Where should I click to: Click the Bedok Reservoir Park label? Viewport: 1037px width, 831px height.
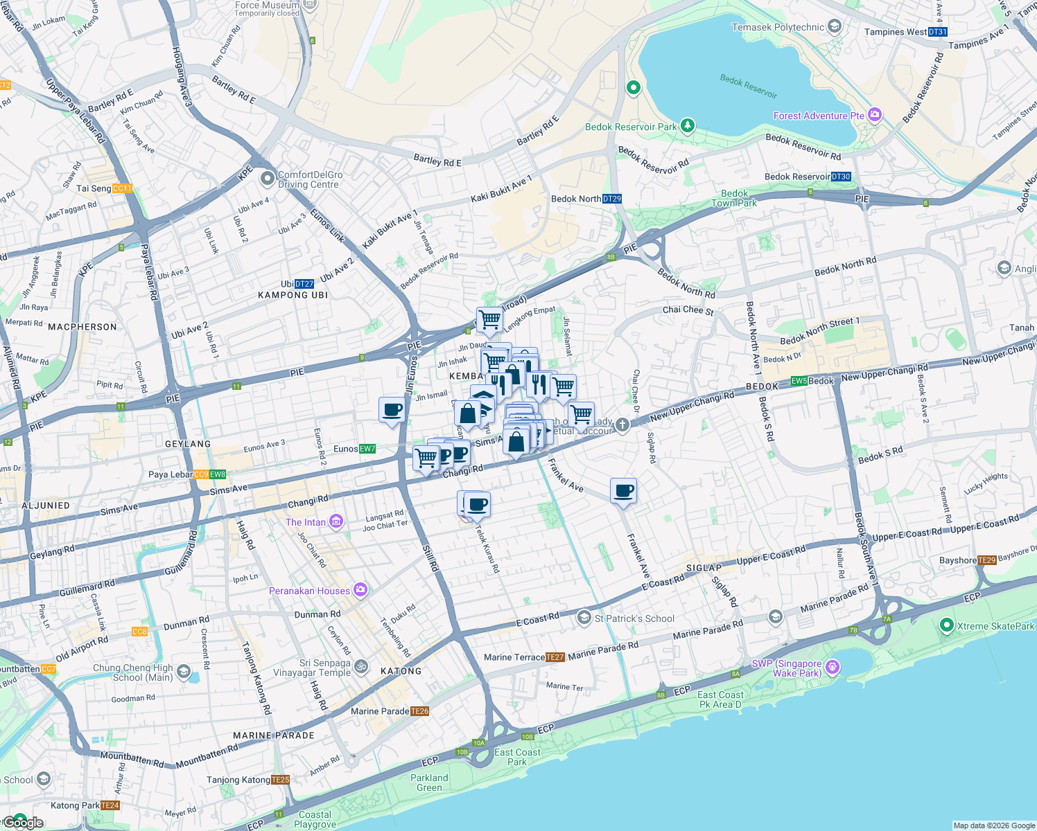(630, 127)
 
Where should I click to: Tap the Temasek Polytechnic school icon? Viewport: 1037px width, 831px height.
(835, 27)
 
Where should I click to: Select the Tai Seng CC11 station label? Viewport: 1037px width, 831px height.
(104, 188)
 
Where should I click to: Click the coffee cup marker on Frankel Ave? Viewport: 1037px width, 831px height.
(623, 491)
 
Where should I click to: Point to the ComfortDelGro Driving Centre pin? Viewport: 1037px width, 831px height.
(268, 179)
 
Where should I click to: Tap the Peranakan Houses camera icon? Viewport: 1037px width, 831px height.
(360, 590)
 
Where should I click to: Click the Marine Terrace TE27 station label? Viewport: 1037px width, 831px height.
(524, 657)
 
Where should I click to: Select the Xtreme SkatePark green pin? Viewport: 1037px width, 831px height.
(946, 625)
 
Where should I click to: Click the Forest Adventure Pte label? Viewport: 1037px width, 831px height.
(819, 116)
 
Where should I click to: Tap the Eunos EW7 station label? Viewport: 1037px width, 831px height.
(354, 449)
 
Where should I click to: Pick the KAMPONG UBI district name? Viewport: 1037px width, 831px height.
(293, 295)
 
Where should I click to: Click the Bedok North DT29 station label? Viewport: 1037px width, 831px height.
(586, 199)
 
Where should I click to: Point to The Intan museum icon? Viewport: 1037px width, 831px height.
(336, 521)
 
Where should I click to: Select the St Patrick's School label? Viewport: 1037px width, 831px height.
(634, 618)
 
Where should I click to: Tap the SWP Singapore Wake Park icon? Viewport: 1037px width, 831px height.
(833, 667)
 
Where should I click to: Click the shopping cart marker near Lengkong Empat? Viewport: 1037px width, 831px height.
(489, 320)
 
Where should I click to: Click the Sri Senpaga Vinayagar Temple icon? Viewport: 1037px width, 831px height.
(360, 667)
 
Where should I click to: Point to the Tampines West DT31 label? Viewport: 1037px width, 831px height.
(905, 32)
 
